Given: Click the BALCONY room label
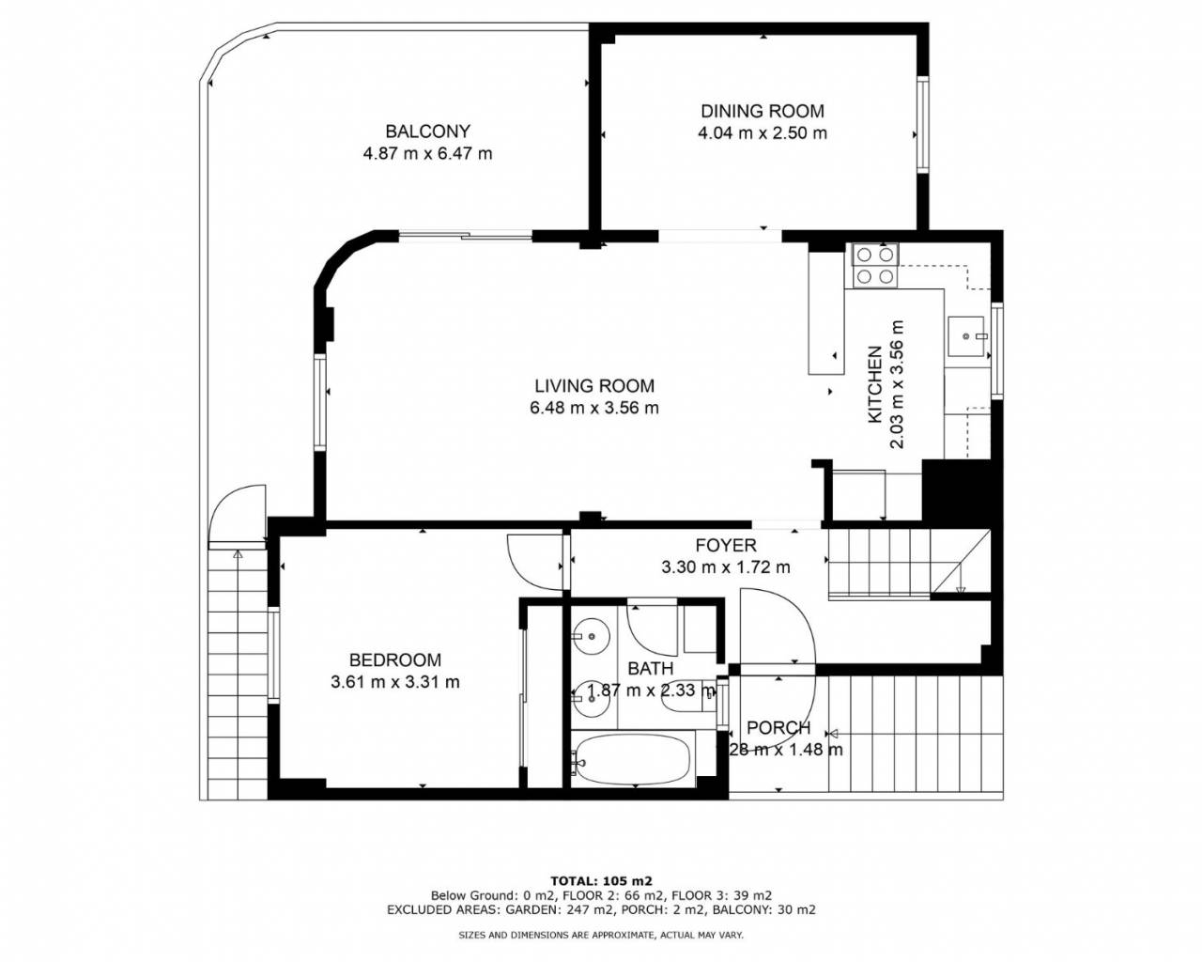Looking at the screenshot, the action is pyautogui.click(x=427, y=132).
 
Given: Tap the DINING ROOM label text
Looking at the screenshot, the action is pyautogui.click(x=763, y=111).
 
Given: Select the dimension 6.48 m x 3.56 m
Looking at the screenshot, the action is pyautogui.click(x=594, y=408).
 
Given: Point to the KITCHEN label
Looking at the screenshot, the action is pyautogui.click(x=874, y=384).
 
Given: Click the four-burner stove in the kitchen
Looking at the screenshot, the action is pyautogui.click(x=874, y=266).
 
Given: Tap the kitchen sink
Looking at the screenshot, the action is pyautogui.click(x=967, y=336).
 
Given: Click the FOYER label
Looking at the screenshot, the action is pyautogui.click(x=726, y=545).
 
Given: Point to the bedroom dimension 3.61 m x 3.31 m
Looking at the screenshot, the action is pyautogui.click(x=395, y=682).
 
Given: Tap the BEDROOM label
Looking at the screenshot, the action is pyautogui.click(x=395, y=660).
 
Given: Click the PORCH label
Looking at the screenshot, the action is pyautogui.click(x=778, y=728).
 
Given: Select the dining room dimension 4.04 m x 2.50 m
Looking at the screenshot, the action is pyautogui.click(x=763, y=133).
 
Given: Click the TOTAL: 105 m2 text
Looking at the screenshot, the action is pyautogui.click(x=601, y=881).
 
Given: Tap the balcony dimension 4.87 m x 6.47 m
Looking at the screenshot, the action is pyautogui.click(x=427, y=153).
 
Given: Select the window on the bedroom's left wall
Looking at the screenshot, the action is pyautogui.click(x=273, y=655).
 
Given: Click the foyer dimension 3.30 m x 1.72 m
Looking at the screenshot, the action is pyautogui.click(x=726, y=567).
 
